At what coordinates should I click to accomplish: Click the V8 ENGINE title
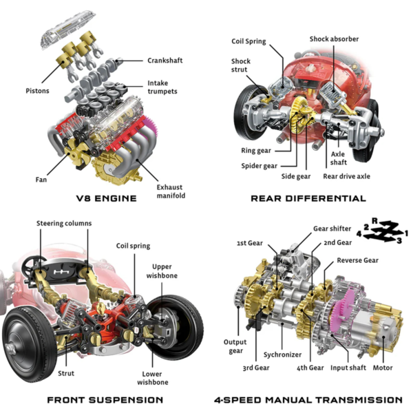click(106, 198)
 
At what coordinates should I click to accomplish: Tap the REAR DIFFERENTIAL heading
click(308, 198)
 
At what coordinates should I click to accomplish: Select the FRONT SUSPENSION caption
click(105, 399)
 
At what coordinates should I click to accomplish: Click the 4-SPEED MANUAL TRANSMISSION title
click(308, 399)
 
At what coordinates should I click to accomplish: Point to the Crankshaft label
click(165, 61)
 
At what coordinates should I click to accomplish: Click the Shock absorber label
click(334, 39)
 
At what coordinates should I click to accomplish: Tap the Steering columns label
click(64, 224)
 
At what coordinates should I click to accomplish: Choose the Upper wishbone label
click(165, 271)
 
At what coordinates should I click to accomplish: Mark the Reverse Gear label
click(357, 261)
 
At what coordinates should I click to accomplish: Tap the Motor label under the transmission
click(383, 368)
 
